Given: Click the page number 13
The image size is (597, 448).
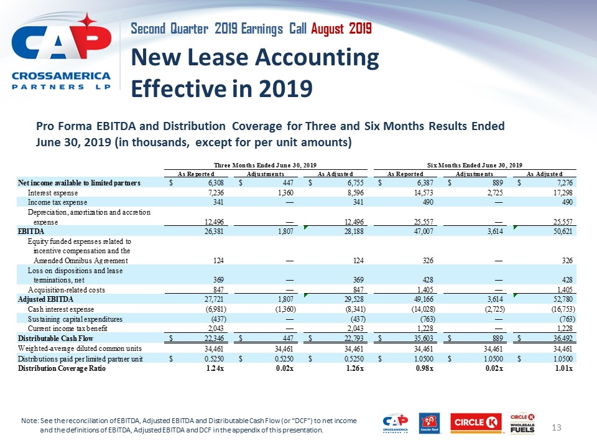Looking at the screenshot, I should pyautogui.click(x=558, y=427).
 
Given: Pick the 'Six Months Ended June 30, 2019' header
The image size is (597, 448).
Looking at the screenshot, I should pyautogui.click(x=474, y=164).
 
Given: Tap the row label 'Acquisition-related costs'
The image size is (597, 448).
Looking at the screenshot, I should pyautogui.click(x=67, y=290).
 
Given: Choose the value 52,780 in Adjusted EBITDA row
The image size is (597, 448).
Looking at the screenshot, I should pyautogui.click(x=562, y=300).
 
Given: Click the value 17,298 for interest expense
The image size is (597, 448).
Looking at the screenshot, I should pyautogui.click(x=562, y=192).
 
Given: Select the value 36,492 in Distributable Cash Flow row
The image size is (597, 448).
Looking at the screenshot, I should pyautogui.click(x=562, y=339).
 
